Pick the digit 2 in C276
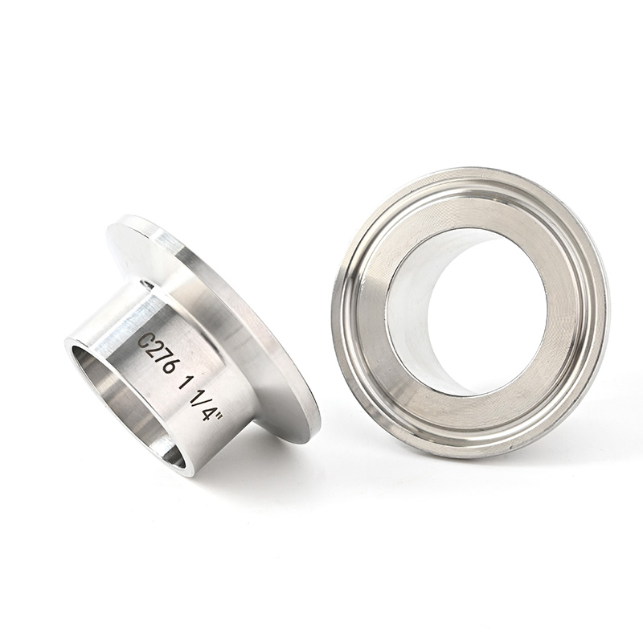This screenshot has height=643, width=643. point(153,346)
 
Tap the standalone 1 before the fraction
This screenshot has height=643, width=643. point(183,380)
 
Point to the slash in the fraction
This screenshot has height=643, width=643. point(203,401)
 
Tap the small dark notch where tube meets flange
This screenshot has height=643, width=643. point(147,284)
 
